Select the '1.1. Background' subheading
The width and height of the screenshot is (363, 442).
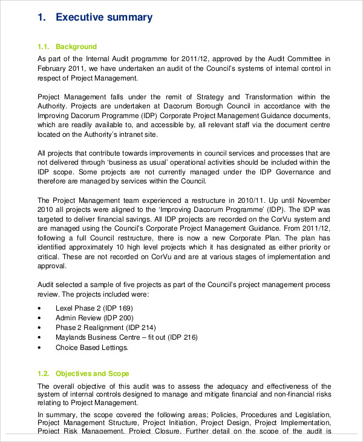tap(67, 47)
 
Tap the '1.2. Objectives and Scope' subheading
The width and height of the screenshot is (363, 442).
tap(83, 374)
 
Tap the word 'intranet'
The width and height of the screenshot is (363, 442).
tap(139, 134)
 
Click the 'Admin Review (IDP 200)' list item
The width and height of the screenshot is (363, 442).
tap(94, 318)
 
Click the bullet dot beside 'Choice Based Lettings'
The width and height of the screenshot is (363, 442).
tap(40, 348)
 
